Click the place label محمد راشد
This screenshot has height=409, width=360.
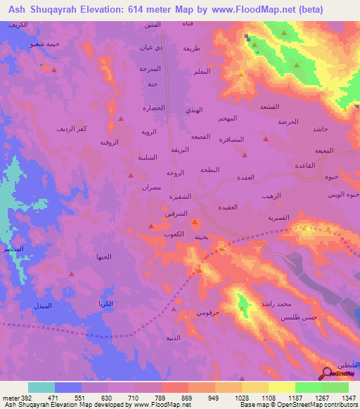pos(274,303)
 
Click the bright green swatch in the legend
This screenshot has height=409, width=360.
pos(309,387)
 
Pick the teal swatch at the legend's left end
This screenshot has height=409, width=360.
pos(41,387)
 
